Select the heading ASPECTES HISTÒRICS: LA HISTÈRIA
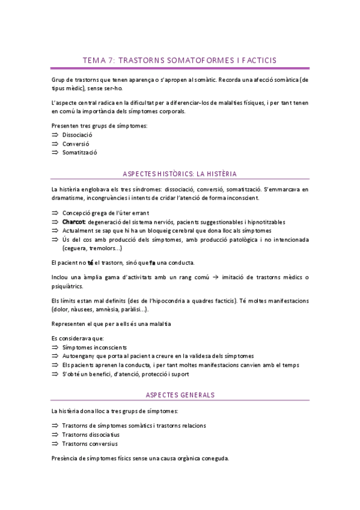pyautogui.click(x=180, y=174)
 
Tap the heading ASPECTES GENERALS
pyautogui.click(x=180, y=395)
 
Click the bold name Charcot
pyautogui.click(x=74, y=222)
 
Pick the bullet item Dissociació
pyautogui.click(x=77, y=135)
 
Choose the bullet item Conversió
pyautogui.click(x=75, y=144)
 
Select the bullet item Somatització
pyautogui.click(x=79, y=153)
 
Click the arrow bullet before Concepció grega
pyautogui.click(x=55, y=214)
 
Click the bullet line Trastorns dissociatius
pyautogui.click(x=91, y=434)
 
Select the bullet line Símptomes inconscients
pyautogui.click(x=94, y=348)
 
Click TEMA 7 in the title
pyautogui.click(x=98, y=60)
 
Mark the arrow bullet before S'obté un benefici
pyautogui.click(x=55, y=373)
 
